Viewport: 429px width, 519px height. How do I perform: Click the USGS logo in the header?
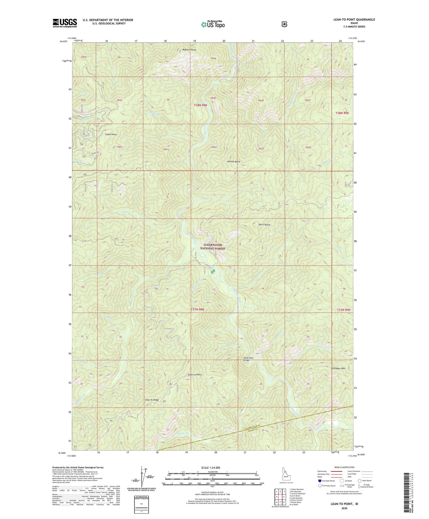coord(65,23)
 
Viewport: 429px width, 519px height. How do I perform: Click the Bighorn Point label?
coord(189,50)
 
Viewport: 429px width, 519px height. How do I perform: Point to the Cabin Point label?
coord(111,134)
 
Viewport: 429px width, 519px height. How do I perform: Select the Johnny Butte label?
coord(234,161)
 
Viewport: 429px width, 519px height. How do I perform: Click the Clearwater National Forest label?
coord(212,247)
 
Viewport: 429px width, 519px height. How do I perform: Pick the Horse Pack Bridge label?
coord(248,359)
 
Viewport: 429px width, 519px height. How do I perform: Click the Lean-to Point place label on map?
coord(195,374)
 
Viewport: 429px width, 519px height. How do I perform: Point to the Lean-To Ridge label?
coord(152,400)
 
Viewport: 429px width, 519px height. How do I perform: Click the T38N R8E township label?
coord(200,105)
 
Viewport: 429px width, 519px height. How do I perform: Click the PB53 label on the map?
coord(166,149)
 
